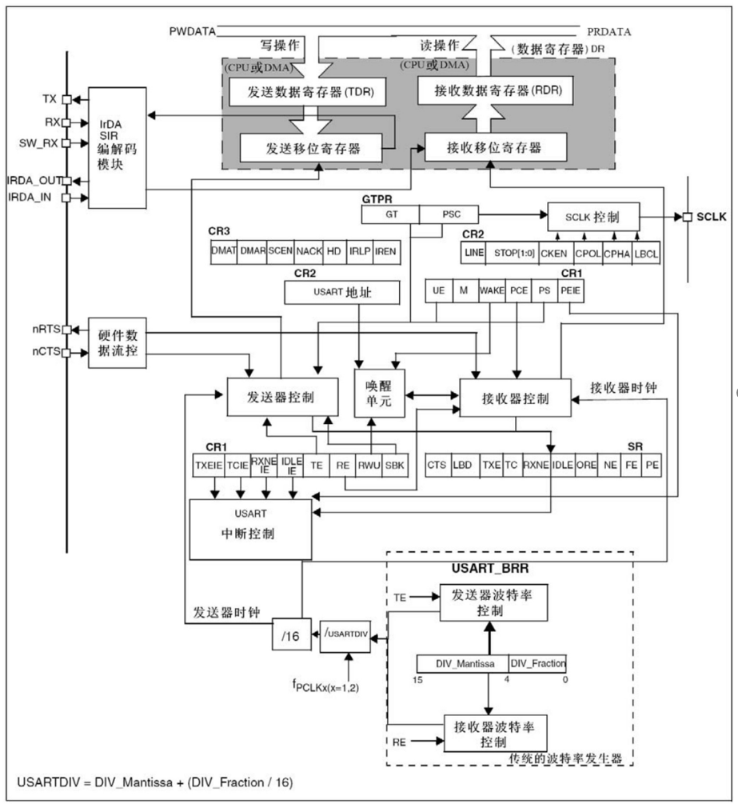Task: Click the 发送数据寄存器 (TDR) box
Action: [307, 93]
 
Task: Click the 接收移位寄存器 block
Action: [495, 148]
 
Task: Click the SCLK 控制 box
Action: [592, 216]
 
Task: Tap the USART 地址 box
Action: [341, 294]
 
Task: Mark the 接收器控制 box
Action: [515, 398]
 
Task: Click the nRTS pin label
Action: [46, 330]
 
